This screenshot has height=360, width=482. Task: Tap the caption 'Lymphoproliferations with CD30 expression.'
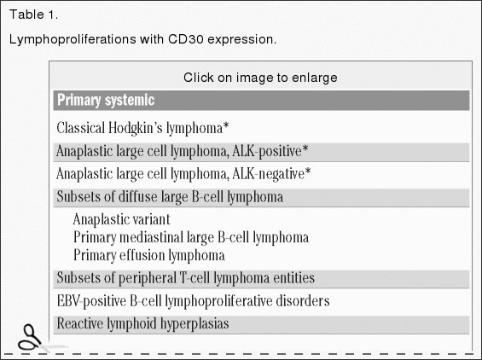pyautogui.click(x=142, y=40)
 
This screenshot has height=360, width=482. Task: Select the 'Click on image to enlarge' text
pyautogui.click(x=260, y=78)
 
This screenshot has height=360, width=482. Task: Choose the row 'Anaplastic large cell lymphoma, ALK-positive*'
pyautogui.click(x=183, y=152)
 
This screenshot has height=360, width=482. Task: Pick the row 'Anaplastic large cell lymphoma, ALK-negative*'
pyautogui.click(x=183, y=174)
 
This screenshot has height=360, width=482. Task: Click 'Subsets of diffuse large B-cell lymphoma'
pyautogui.click(x=170, y=197)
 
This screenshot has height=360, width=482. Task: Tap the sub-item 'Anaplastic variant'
pyautogui.click(x=127, y=219)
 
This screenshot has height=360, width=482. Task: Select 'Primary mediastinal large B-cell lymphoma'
pyautogui.click(x=191, y=237)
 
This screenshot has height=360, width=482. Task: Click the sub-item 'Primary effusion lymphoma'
pyautogui.click(x=149, y=255)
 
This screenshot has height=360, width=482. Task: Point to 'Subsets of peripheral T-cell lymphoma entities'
pyautogui.click(x=185, y=278)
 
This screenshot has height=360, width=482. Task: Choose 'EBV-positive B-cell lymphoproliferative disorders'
pyautogui.click(x=193, y=301)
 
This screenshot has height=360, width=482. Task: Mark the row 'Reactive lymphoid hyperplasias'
pyautogui.click(x=142, y=324)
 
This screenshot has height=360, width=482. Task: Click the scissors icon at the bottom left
pyautogui.click(x=31, y=337)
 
